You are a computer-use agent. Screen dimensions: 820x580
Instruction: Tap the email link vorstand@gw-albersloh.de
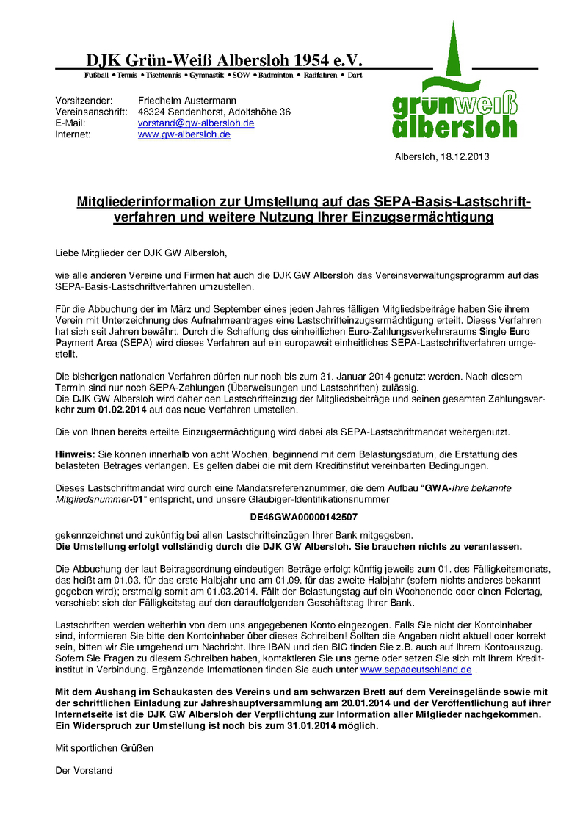(196, 123)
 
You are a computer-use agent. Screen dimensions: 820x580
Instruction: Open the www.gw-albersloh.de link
(184, 135)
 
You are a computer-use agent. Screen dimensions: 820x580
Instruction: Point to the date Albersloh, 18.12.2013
(442, 156)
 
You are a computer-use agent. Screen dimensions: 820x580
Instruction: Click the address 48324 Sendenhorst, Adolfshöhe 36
(214, 112)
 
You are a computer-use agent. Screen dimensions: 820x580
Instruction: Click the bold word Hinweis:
(76, 455)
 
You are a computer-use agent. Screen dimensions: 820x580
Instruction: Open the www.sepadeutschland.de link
(416, 670)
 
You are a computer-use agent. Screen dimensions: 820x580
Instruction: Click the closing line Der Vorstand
(84, 771)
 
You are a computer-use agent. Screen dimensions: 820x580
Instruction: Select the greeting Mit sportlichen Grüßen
(105, 748)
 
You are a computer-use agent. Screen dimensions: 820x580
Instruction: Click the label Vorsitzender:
(84, 100)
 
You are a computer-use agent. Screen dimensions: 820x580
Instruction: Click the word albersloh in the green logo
(454, 126)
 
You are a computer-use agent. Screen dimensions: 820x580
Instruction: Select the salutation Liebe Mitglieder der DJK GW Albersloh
(142, 253)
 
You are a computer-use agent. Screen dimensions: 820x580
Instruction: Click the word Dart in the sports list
(354, 76)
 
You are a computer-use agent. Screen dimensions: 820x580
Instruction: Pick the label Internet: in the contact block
(73, 135)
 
